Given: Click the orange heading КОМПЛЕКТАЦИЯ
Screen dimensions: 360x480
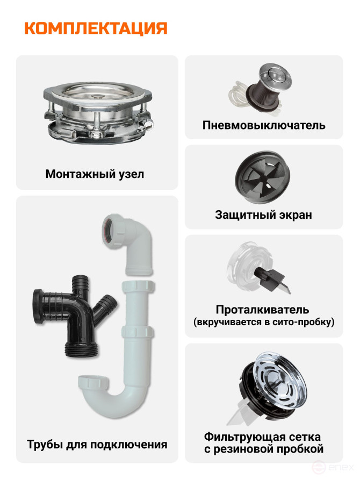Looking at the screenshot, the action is (96, 28).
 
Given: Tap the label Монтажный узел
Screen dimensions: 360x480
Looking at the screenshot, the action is (95, 174).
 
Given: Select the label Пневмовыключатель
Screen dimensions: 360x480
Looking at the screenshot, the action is (264, 125).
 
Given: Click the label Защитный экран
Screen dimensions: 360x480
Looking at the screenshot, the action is (264, 214).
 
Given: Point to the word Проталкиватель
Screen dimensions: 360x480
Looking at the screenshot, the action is (262, 310).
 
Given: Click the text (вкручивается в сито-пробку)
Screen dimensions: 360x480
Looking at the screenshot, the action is (264, 323).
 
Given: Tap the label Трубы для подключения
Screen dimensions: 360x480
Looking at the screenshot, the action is (97, 445).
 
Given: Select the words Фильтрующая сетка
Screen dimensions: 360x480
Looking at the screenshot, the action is (262, 436).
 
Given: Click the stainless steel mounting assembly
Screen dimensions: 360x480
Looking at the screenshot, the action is (98, 112).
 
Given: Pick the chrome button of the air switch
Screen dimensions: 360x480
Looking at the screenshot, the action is (275, 74).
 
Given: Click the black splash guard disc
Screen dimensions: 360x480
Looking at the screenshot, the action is (262, 177).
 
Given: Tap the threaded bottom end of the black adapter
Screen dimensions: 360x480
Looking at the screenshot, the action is (82, 349).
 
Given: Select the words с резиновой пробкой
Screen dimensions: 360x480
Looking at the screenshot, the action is (264, 449).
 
